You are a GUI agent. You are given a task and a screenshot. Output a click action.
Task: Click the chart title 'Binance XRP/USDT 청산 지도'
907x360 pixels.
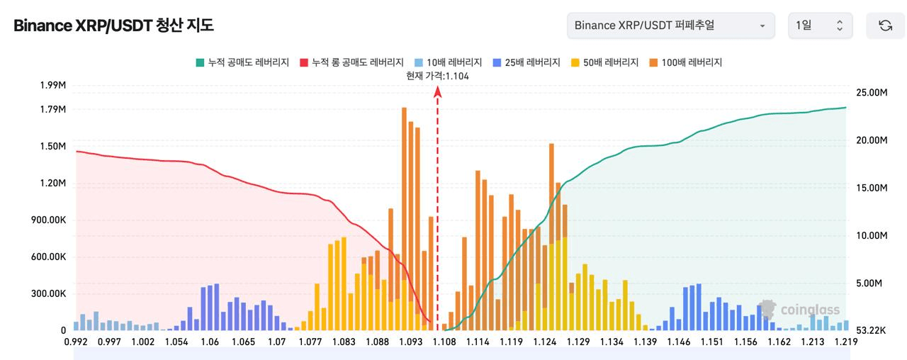(113, 26)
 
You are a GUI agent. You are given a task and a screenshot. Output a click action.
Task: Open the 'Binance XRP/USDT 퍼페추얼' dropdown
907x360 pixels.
(671, 26)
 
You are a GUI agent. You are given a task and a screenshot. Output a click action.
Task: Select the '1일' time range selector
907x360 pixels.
(821, 26)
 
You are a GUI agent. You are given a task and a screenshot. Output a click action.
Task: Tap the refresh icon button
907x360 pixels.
(886, 26)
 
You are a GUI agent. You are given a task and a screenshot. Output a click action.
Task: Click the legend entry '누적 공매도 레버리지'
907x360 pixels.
(242, 62)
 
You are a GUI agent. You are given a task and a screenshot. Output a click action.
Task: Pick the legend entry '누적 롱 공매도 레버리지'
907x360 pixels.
(352, 62)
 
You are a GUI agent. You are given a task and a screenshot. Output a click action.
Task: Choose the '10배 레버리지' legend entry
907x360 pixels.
(449, 62)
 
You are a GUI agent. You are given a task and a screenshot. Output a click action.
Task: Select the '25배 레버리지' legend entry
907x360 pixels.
(526, 62)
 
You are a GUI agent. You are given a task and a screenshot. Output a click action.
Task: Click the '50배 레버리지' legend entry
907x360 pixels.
(604, 62)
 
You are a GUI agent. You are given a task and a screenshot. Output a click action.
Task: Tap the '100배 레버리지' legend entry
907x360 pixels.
(685, 62)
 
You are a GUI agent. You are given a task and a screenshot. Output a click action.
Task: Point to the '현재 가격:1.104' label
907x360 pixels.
(437, 76)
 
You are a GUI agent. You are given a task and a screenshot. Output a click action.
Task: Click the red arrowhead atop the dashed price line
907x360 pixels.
(437, 92)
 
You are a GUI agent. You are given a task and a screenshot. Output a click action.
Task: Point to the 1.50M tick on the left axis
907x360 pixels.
(52, 146)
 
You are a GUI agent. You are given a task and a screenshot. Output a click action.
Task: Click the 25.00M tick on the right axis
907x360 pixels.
(872, 92)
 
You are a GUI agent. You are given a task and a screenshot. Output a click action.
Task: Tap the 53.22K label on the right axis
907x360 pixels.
(871, 330)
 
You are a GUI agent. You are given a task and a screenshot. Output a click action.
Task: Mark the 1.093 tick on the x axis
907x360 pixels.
(410, 342)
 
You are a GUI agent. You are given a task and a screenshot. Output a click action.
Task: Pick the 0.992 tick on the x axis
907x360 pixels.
(76, 342)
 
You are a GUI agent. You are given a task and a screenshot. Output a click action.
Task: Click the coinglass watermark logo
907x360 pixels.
(799, 310)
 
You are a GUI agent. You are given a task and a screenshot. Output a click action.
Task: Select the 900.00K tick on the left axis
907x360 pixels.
(49, 220)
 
